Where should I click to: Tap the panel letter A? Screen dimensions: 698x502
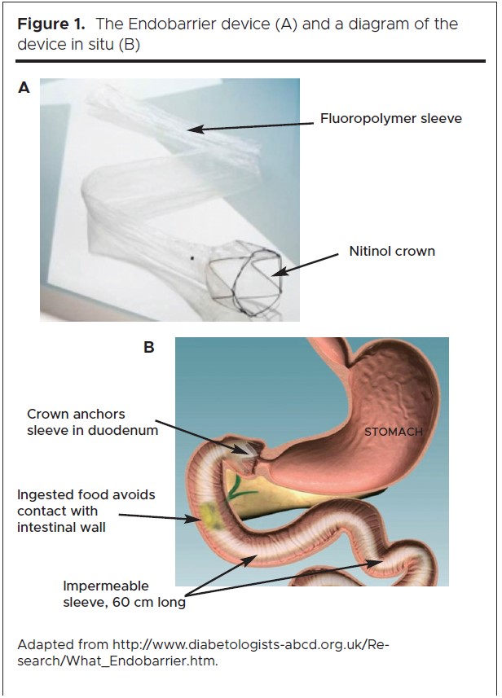[24, 88]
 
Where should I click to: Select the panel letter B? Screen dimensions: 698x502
[149, 348]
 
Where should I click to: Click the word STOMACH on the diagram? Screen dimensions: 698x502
[394, 432]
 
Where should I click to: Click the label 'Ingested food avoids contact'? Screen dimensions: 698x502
[86, 510]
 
